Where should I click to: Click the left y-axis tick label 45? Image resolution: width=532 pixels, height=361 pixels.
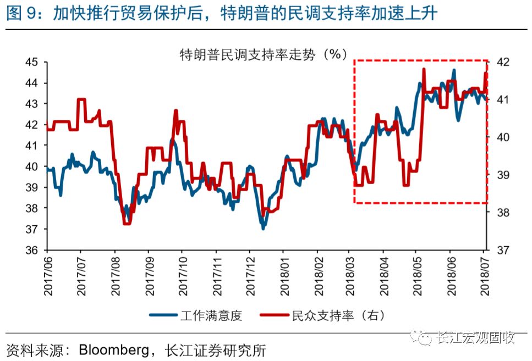point(32,62)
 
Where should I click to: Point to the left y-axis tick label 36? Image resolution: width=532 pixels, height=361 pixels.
point(32,250)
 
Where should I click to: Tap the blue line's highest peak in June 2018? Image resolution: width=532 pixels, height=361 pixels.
point(453,70)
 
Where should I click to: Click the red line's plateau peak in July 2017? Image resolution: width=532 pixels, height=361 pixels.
point(81,99)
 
